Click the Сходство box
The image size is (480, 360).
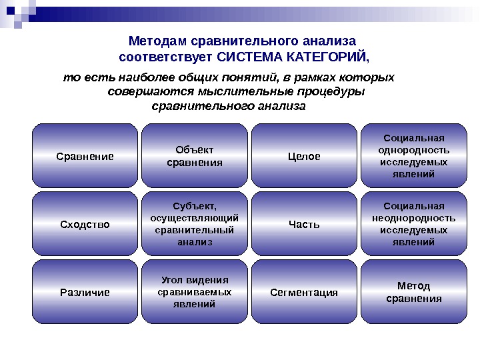coord(85,224)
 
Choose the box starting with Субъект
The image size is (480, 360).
coord(194,224)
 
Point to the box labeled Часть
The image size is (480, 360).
coord(304,224)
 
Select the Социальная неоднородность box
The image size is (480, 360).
coord(413,224)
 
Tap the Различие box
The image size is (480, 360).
coord(85,292)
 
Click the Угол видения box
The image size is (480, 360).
coord(194,292)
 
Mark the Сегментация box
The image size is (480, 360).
coord(304,292)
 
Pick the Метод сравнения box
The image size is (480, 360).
coord(413,292)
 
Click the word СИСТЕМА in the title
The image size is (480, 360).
coord(248,54)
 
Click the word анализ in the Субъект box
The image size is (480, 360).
coord(194,242)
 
